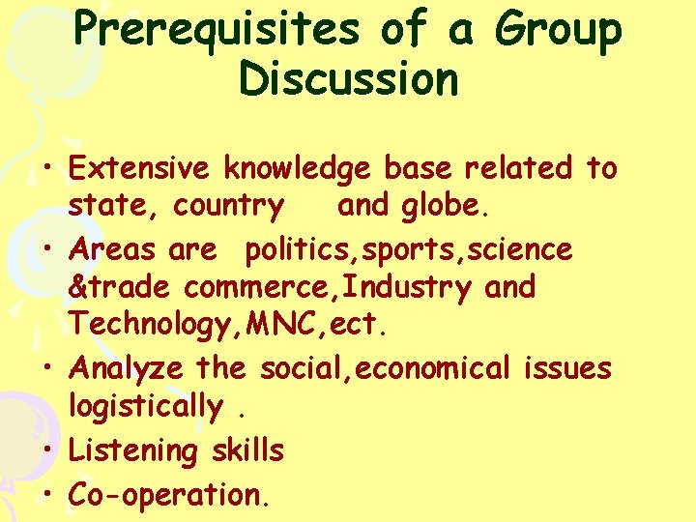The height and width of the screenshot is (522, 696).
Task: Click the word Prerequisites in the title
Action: pos(216,30)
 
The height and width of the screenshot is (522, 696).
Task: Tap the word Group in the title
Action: pos(557,30)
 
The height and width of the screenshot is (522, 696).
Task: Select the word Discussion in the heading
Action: pos(348,78)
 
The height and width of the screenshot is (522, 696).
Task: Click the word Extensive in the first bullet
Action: pos(139,168)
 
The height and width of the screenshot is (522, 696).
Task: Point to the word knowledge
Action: pos(297,170)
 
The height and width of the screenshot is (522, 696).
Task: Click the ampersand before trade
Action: pos(77,287)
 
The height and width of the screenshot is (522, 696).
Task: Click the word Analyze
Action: pos(129,369)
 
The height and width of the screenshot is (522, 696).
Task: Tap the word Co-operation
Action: pos(164,495)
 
